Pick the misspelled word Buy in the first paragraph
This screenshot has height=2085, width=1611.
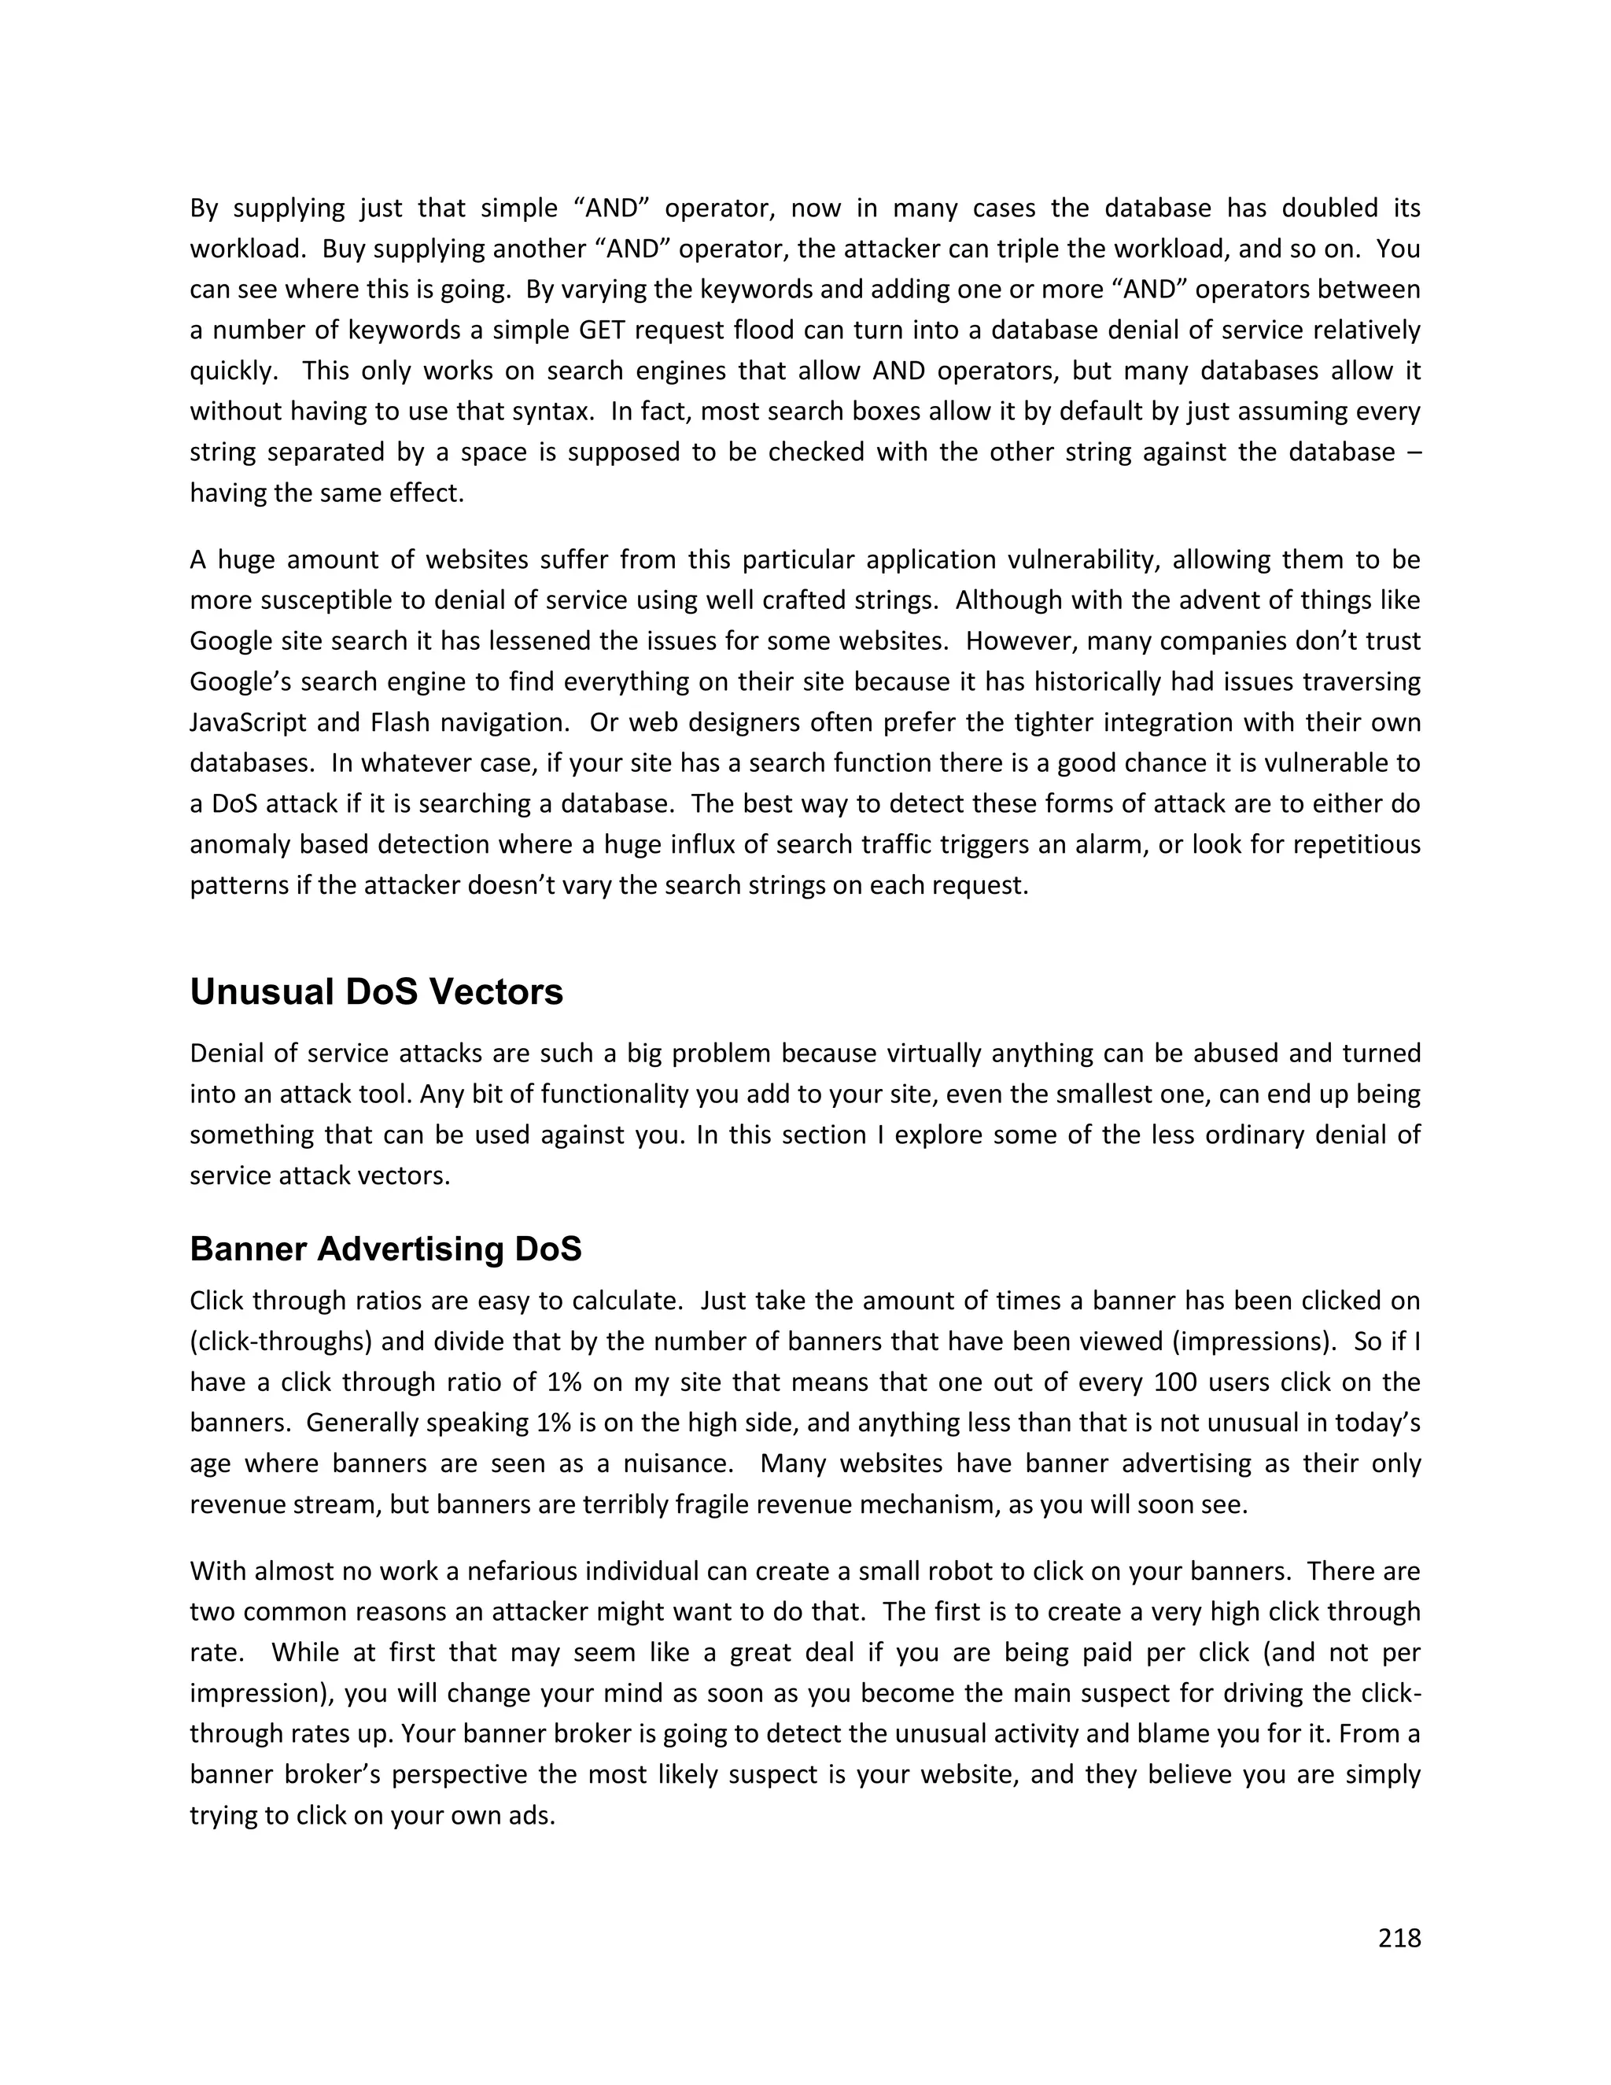[x=344, y=249]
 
